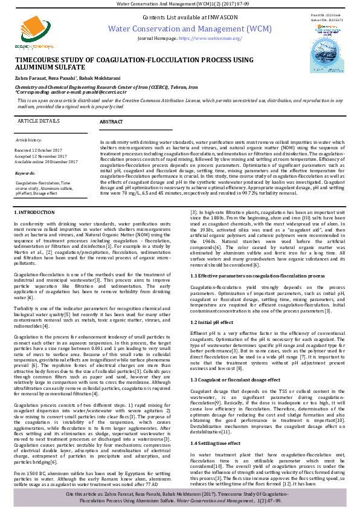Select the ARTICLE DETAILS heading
tap(40, 121)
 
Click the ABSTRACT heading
tap(111, 122)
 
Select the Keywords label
tap(25, 173)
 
